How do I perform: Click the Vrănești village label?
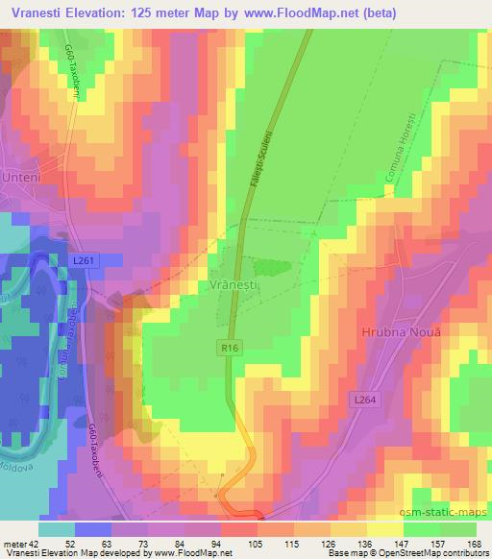pos(230,285)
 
